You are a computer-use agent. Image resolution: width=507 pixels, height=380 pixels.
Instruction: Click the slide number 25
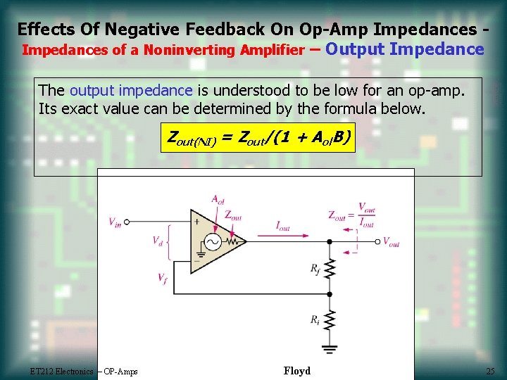coord(490,371)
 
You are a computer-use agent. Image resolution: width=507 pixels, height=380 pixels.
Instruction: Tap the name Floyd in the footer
coord(296,371)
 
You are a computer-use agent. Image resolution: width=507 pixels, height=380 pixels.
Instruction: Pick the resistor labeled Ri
coord(329,320)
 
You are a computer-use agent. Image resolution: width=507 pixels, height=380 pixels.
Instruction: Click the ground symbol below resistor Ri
coord(329,348)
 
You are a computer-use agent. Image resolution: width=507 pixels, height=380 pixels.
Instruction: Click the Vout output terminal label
coord(391,242)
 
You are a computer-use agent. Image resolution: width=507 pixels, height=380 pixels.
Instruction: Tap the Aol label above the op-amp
coord(218,199)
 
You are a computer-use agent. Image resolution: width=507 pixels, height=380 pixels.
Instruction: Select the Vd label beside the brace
coord(158,241)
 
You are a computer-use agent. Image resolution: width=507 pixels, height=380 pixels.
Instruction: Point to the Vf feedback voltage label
coord(163,278)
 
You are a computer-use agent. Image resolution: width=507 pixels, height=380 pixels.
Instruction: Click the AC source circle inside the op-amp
coord(212,242)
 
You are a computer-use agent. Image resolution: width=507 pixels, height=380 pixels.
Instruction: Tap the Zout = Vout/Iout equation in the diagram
coord(351,215)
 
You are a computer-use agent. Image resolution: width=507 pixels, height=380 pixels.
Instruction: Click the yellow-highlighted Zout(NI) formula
coord(257,137)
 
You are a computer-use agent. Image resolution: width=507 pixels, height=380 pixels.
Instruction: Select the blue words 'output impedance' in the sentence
coord(131,91)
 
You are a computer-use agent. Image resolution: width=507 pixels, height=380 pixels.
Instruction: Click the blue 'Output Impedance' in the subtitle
coord(406,49)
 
